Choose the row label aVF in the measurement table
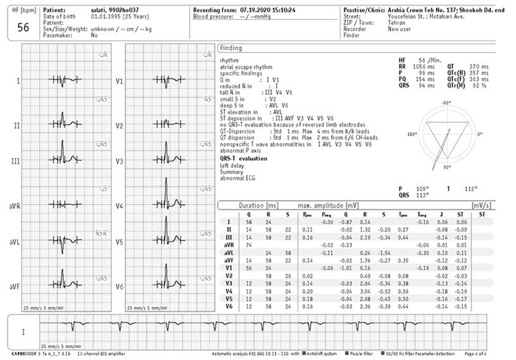pos(230,260)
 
